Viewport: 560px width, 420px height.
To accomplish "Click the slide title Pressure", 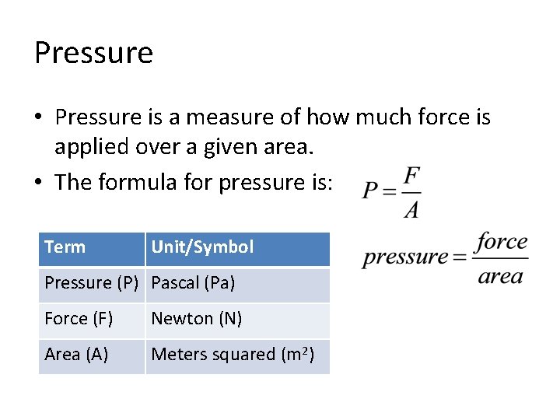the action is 93,53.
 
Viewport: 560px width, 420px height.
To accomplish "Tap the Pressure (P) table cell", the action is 91,283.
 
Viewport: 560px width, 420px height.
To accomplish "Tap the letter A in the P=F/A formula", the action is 411,208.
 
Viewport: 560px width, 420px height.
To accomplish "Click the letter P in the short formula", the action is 370,191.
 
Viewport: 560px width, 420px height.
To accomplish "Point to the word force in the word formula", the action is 501,242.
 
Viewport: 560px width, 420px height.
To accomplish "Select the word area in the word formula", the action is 500,276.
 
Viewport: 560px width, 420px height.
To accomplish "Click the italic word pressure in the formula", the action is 405,257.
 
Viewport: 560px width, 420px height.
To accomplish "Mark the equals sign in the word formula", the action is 460,257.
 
